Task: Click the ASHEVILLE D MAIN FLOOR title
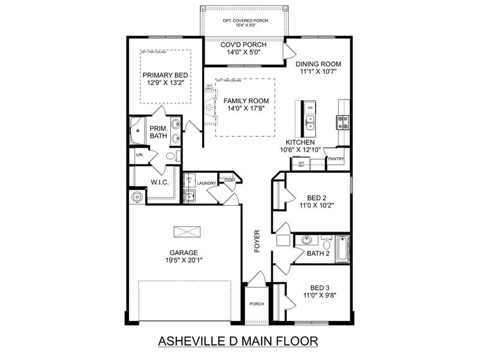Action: click(x=236, y=341)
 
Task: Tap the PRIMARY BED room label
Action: click(x=165, y=75)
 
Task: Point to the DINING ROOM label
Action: click(x=318, y=64)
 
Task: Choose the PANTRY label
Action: click(x=335, y=160)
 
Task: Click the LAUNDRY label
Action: click(x=206, y=183)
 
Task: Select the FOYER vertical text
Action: click(x=257, y=241)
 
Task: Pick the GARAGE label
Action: click(x=184, y=253)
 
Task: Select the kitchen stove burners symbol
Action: click(x=343, y=123)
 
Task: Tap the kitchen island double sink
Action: click(x=310, y=123)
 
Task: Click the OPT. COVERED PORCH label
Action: click(x=243, y=20)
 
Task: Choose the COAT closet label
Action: click(x=229, y=179)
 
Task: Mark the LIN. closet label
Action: click(x=140, y=155)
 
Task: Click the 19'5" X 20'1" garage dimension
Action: click(x=184, y=261)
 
